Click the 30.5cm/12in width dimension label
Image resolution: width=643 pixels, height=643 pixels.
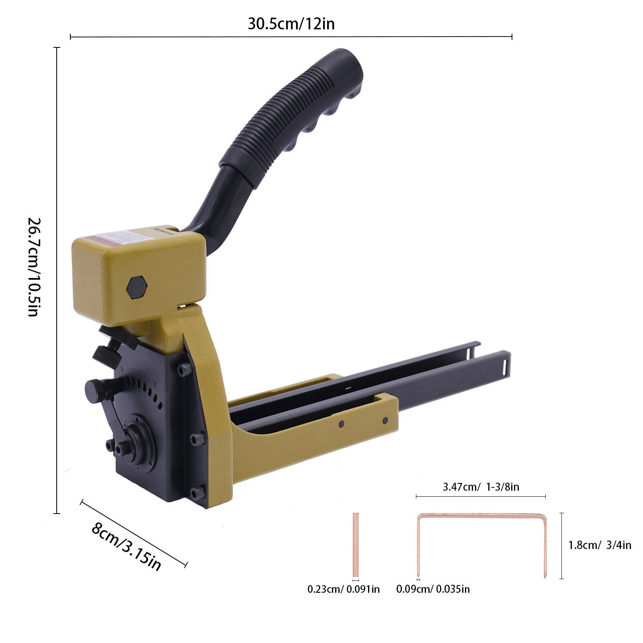291,24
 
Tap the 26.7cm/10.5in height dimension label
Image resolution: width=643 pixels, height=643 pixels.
34,267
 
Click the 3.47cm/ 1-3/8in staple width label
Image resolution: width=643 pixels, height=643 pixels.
481,487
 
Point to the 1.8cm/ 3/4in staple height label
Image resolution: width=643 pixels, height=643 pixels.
599,545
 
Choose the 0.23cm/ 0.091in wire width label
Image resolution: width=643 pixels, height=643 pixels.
343,589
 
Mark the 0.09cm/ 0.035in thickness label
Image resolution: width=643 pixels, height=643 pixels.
433,589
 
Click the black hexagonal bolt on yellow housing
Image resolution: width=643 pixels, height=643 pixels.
137,287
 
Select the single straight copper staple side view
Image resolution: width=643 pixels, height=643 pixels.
355,545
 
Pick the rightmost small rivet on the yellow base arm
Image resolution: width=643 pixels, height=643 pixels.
385,421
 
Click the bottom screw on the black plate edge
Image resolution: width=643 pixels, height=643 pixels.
196,493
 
